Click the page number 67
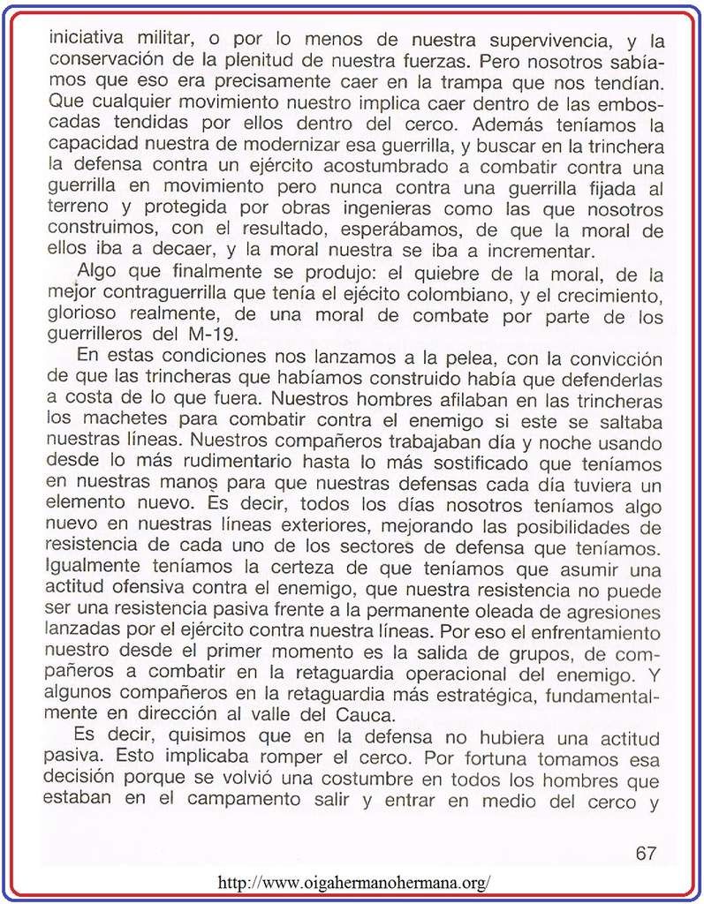coord(646,853)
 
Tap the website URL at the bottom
coord(353,882)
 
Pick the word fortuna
coord(491,758)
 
